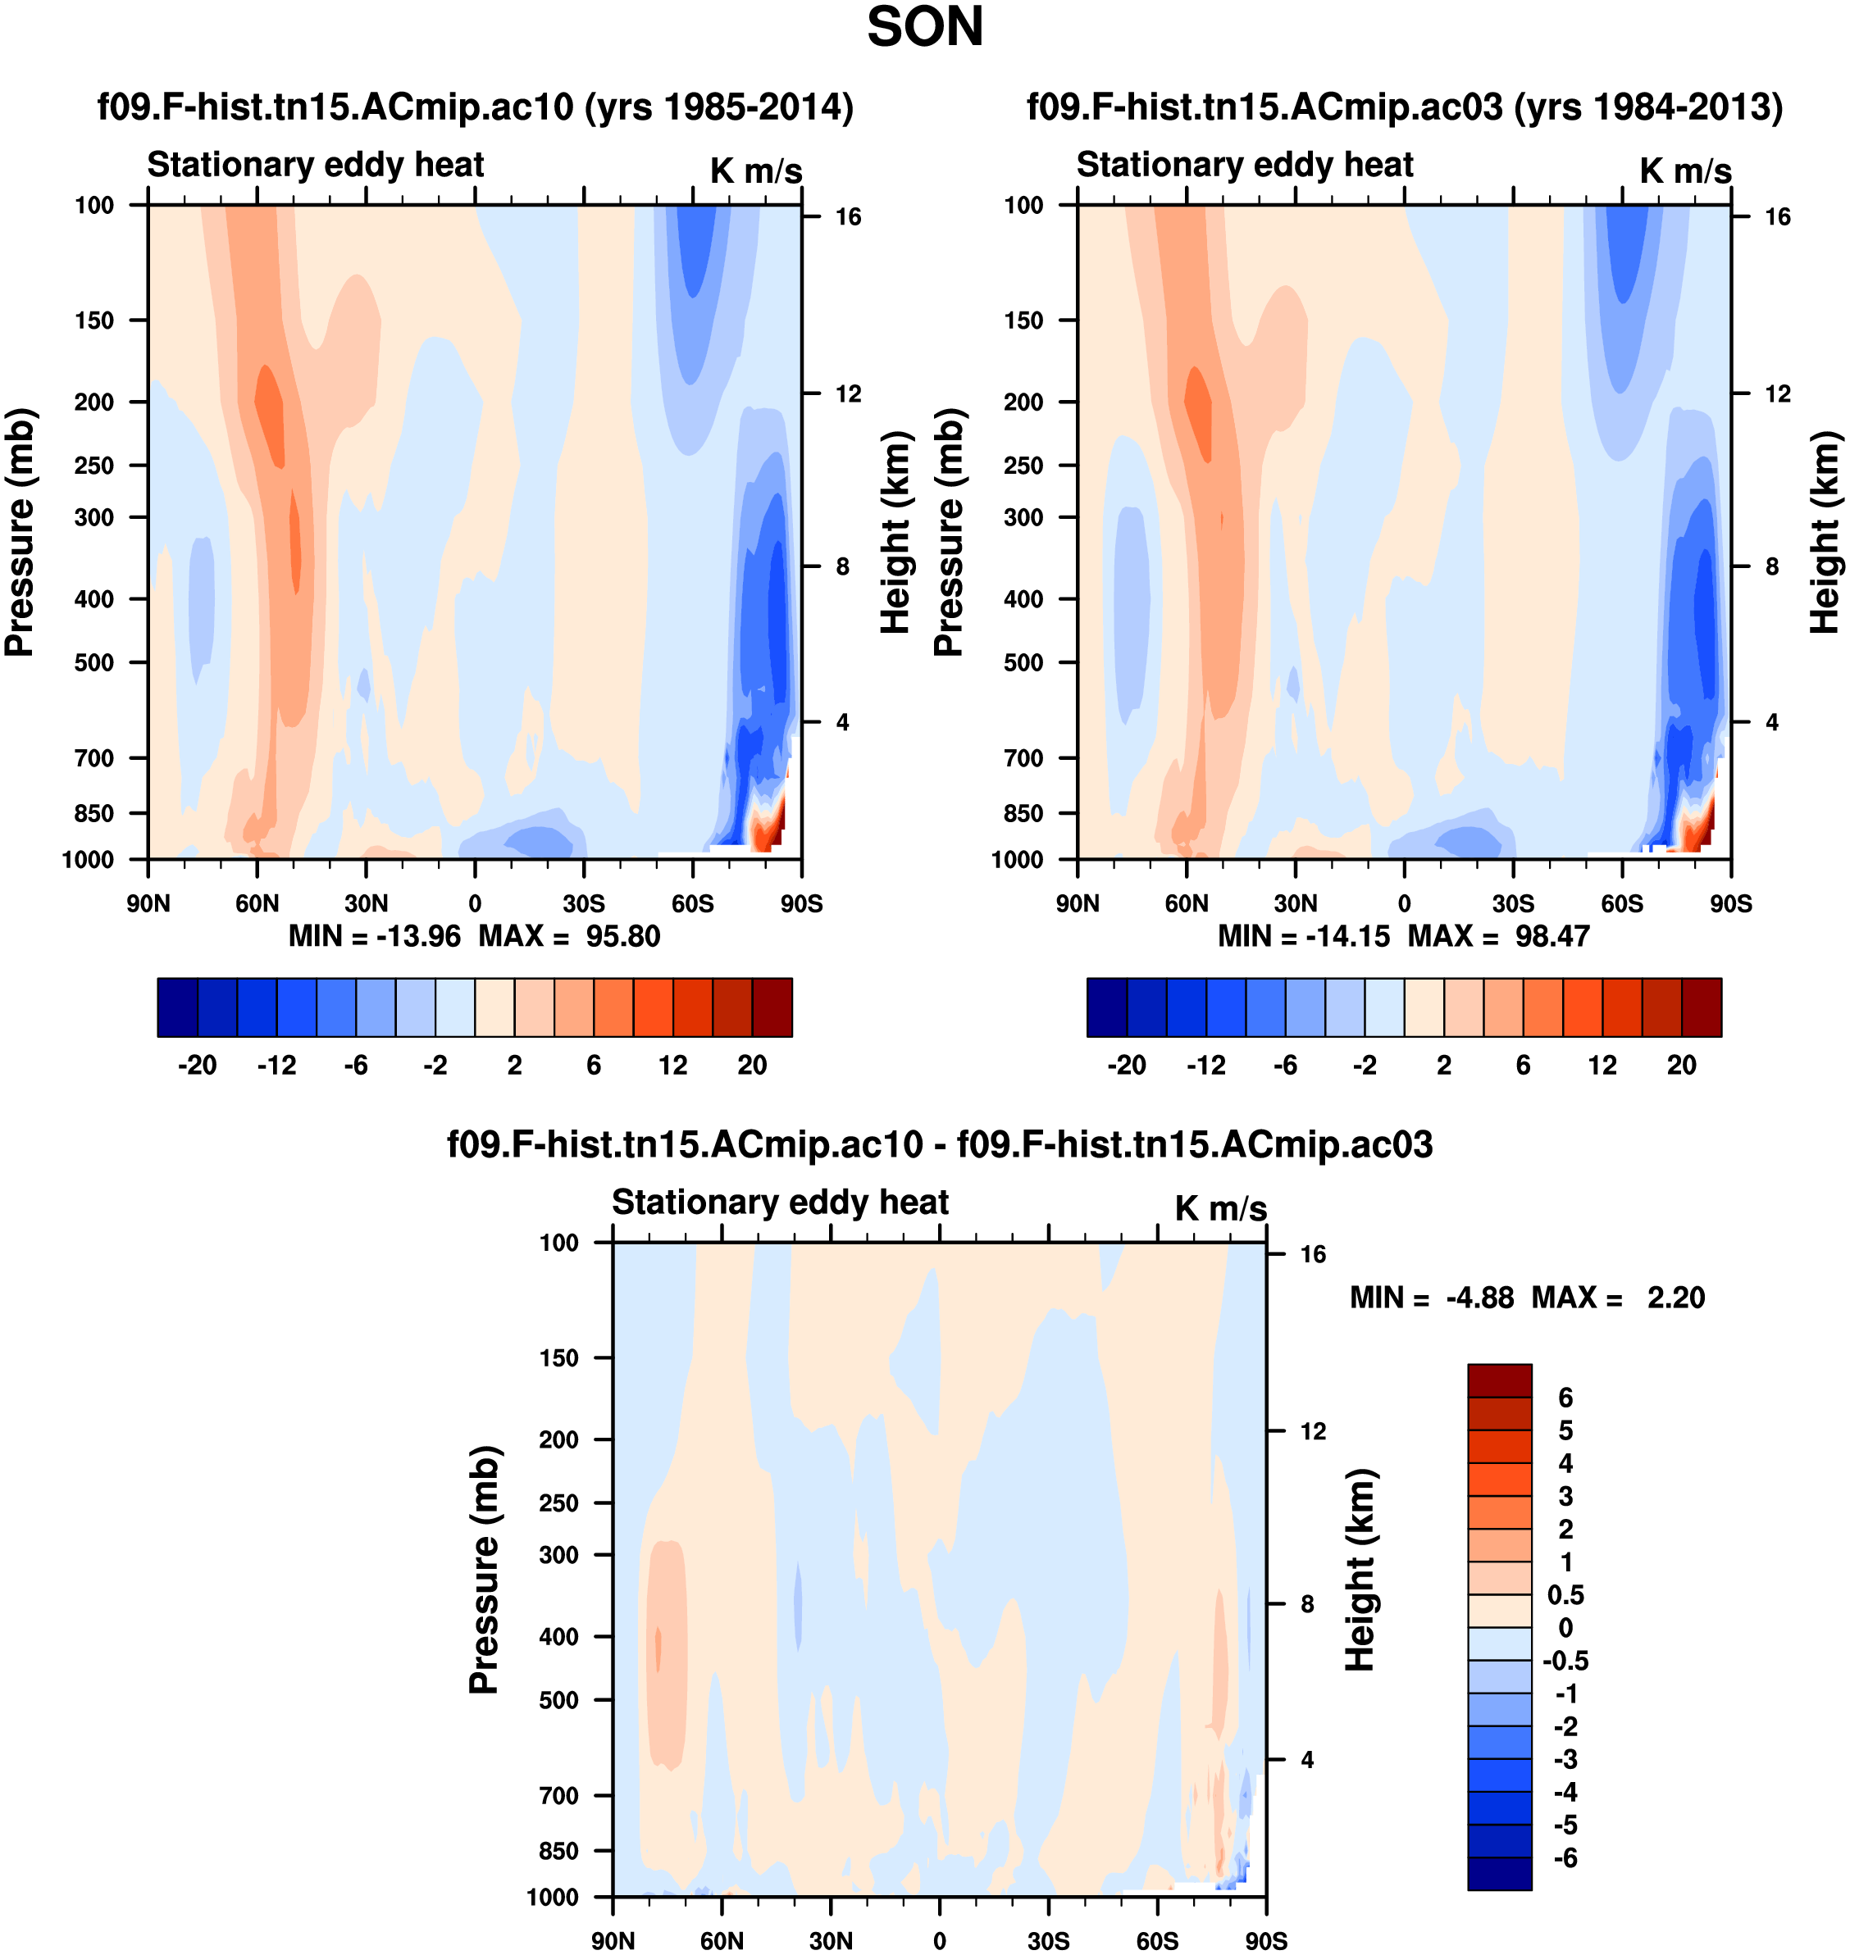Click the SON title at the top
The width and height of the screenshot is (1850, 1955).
924,28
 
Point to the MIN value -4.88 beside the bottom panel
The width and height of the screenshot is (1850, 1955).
1479,1298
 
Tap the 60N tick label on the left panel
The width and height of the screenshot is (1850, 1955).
257,903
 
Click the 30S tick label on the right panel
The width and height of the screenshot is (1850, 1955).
1513,903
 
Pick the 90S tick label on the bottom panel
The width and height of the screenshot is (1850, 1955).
1265,1940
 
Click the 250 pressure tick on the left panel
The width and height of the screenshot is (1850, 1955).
93,466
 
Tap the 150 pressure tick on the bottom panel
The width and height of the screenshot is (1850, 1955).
558,1357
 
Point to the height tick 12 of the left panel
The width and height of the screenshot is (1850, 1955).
848,394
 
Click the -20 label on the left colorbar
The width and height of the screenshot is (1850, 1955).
198,1065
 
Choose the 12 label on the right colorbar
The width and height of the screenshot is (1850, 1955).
1602,1065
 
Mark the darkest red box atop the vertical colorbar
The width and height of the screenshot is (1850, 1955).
1499,1380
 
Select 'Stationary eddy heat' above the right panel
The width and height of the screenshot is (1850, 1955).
1245,165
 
